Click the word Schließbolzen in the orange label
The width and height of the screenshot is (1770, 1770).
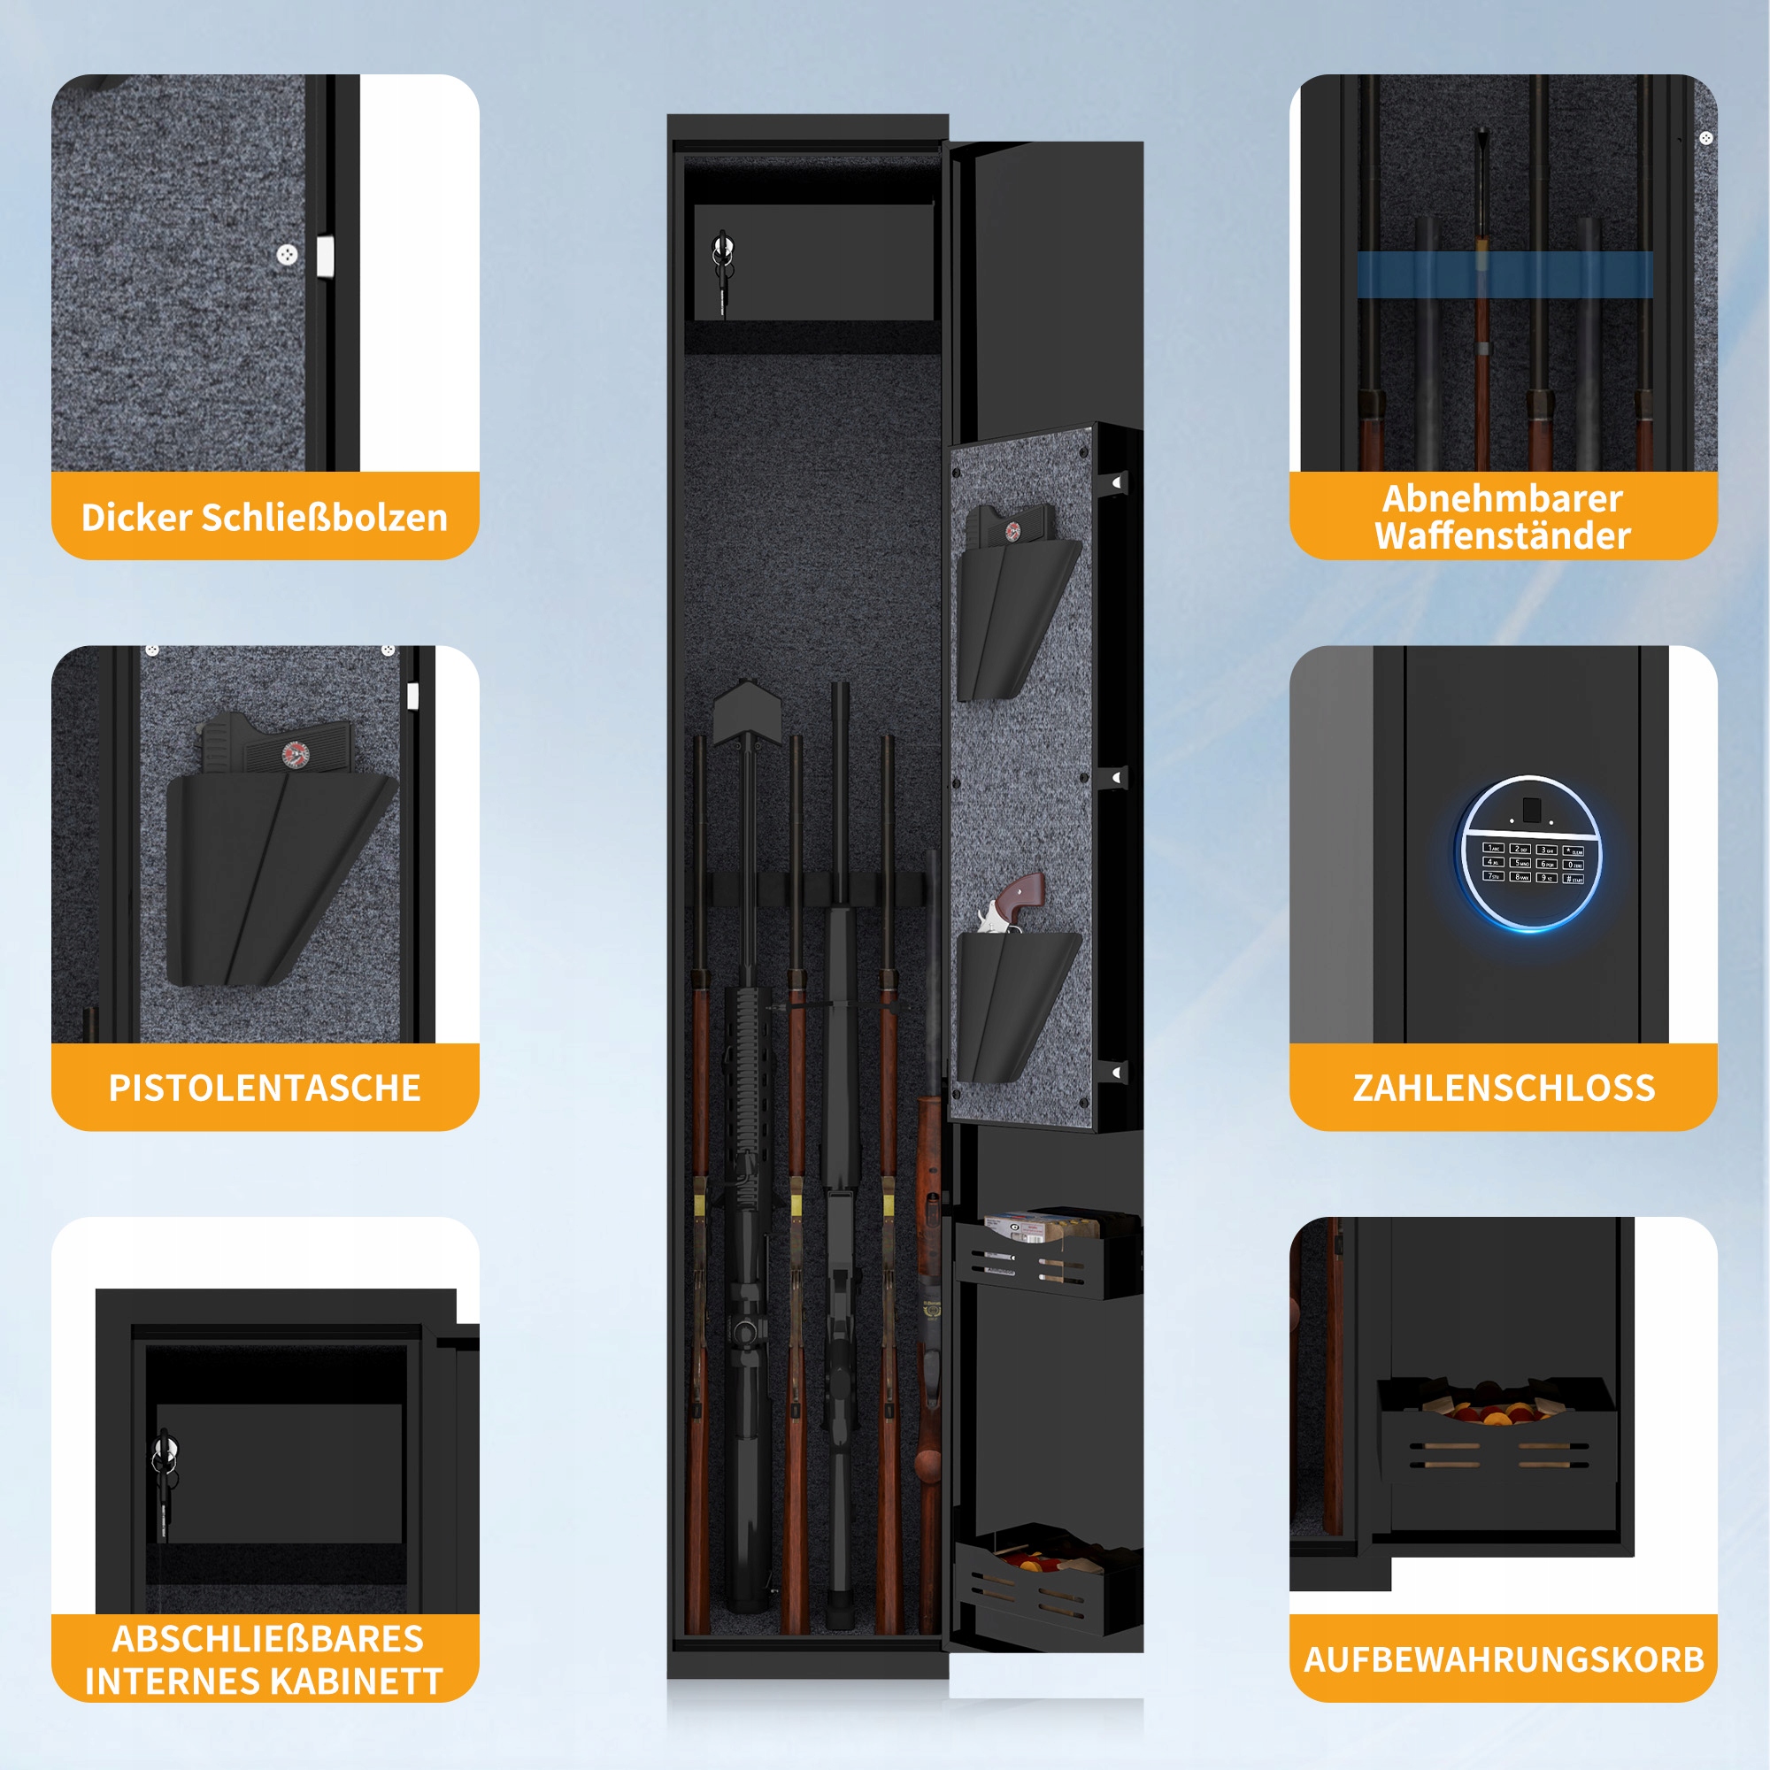pyautogui.click(x=324, y=519)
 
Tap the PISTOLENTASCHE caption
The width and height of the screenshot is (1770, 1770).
pyautogui.click(x=265, y=1088)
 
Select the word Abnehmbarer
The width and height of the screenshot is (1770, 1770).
pyautogui.click(x=1503, y=499)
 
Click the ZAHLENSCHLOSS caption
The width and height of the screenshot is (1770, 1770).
pyautogui.click(x=1504, y=1088)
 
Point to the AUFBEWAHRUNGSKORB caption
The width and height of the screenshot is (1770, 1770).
pyautogui.click(x=1504, y=1659)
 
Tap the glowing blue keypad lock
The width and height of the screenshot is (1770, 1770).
pyautogui.click(x=1530, y=854)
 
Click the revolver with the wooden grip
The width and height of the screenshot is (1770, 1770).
pyautogui.click(x=1012, y=904)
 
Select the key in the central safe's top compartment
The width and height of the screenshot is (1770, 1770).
pyautogui.click(x=723, y=271)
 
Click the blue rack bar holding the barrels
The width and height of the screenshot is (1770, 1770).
pyautogui.click(x=1504, y=274)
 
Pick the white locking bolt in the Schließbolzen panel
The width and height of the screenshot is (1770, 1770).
pyautogui.click(x=325, y=257)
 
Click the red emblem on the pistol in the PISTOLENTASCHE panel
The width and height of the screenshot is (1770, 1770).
pyautogui.click(x=296, y=755)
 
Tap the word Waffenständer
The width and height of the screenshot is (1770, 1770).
pyautogui.click(x=1503, y=537)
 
